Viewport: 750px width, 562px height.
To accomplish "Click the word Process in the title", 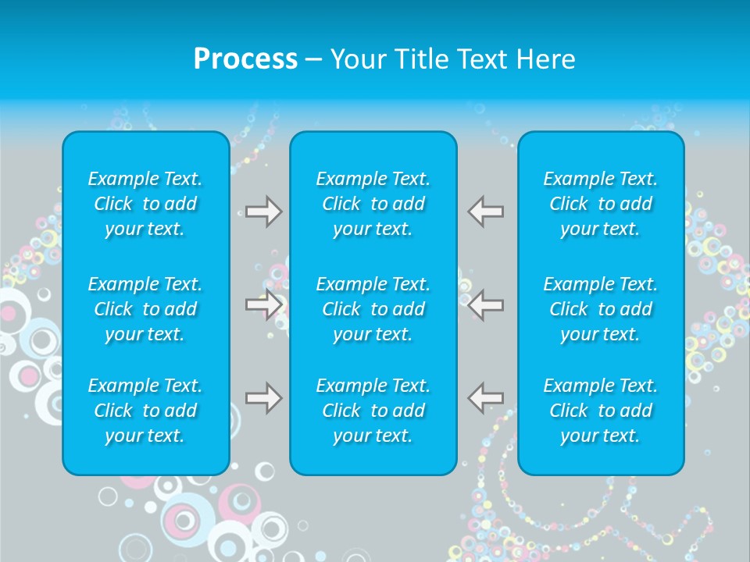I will coord(245,59).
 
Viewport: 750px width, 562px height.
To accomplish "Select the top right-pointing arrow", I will coord(264,212).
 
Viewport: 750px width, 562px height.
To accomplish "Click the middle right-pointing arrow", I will coord(264,304).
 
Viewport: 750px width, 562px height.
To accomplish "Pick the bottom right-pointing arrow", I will coord(264,398).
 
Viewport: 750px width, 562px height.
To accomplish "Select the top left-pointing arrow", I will coord(485,212).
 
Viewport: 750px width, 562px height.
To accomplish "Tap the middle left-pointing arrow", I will coord(485,304).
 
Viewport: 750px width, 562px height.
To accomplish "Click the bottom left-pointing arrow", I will coord(485,398).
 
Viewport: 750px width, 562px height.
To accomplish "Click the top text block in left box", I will coord(145,204).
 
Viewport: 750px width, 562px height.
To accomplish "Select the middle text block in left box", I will coord(145,309).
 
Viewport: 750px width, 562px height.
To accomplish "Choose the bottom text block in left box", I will coord(145,411).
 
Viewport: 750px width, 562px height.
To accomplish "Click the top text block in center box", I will coord(373,204).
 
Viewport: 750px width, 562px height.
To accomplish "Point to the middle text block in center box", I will coord(373,309).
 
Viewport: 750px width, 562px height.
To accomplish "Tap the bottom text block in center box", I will coord(373,411).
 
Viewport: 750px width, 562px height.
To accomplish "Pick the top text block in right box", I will coord(600,204).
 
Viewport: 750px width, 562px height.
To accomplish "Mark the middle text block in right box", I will coord(600,309).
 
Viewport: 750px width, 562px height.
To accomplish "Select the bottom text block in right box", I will coord(600,411).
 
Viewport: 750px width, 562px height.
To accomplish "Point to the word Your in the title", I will coord(358,59).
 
